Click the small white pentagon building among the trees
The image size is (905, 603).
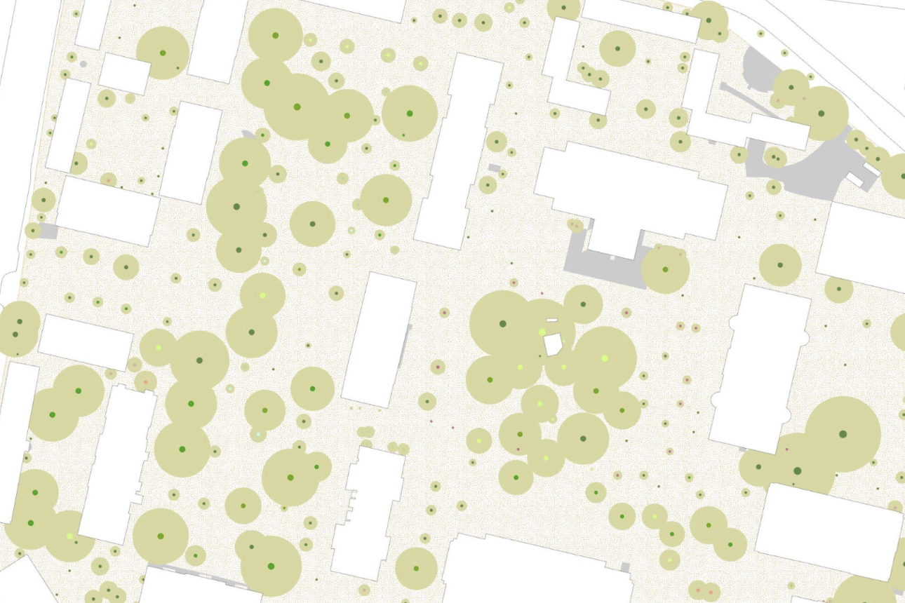tap(552, 344)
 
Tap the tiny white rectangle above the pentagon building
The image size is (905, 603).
tap(552, 320)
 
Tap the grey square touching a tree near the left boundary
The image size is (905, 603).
tap(48, 231)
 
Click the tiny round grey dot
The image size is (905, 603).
tap(83, 64)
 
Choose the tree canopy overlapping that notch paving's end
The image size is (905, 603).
tap(664, 269)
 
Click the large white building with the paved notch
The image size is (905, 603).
tap(631, 189)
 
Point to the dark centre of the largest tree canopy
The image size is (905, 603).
tap(843, 434)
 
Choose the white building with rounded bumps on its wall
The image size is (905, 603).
tap(758, 365)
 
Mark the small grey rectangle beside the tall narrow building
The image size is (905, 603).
tap(495, 168)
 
